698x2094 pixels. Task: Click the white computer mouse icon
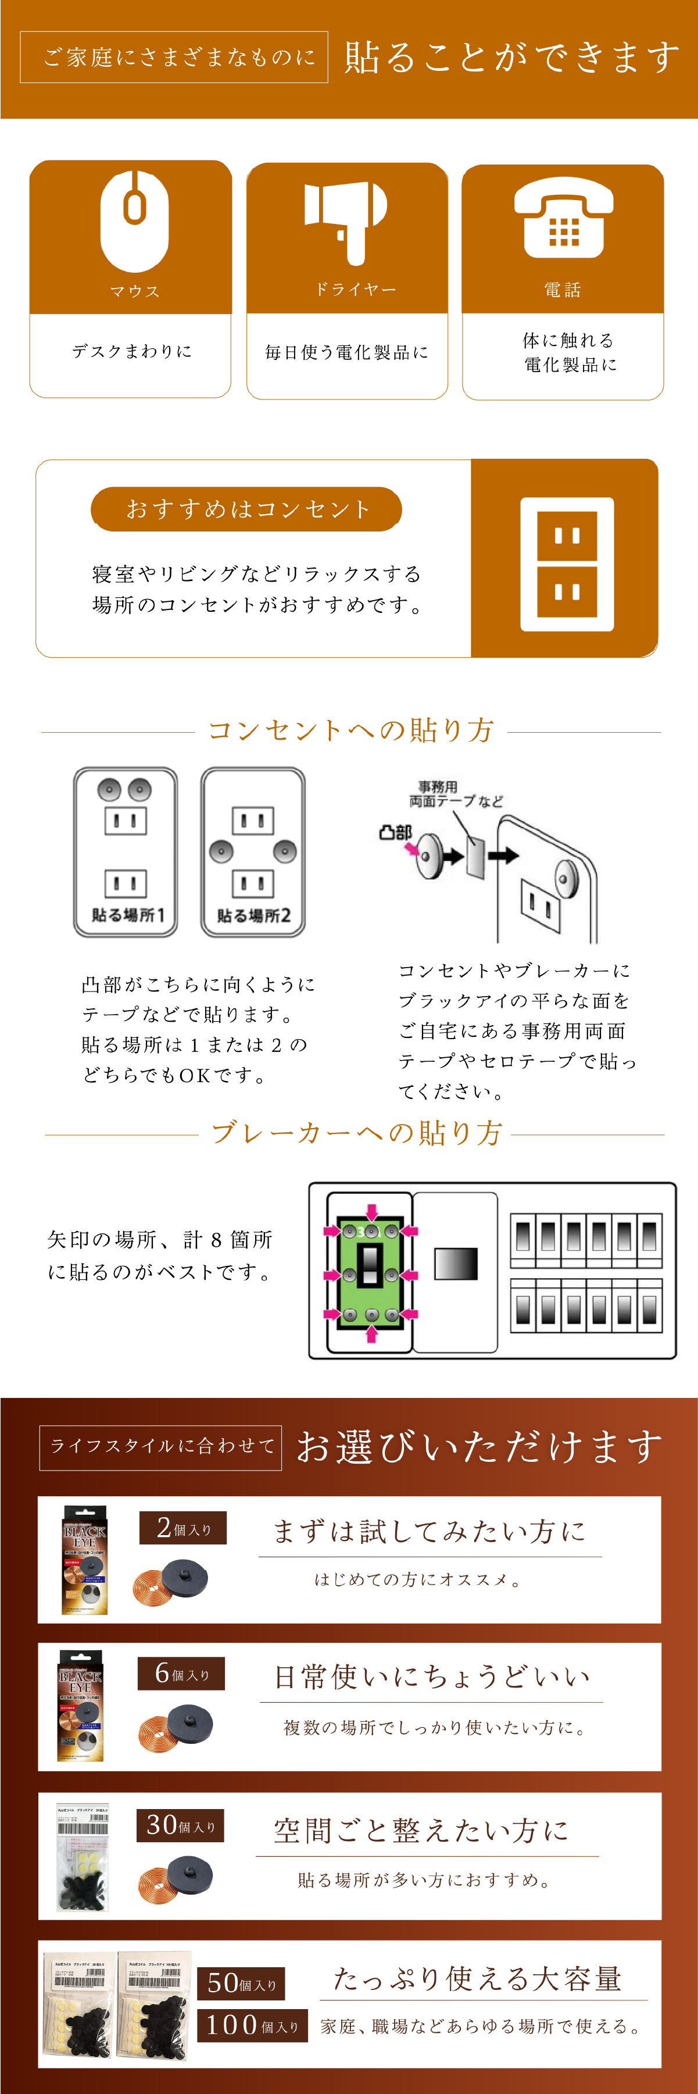point(134,221)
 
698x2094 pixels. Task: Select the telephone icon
point(563,218)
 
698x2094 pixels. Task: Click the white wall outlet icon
point(567,564)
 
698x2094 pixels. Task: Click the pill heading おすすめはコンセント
point(246,509)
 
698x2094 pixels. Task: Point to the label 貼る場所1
point(128,915)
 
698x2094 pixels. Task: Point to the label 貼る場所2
point(253,916)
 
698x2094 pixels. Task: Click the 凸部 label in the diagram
point(396,832)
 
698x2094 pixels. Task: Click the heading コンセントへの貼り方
point(351,730)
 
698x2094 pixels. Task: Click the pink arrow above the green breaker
point(372,1211)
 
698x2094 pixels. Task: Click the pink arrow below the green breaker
point(372,1334)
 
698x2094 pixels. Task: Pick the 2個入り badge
point(183,1528)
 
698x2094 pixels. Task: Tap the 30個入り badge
point(180,1826)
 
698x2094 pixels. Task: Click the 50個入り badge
point(241,1984)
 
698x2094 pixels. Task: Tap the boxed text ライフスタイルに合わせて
point(161,1447)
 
